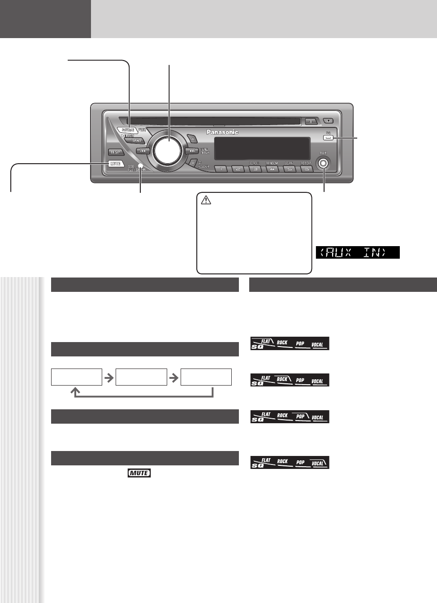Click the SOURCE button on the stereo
(x=128, y=130)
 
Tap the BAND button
(x=136, y=140)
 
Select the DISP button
(x=116, y=152)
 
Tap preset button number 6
(x=307, y=169)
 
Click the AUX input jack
(x=323, y=163)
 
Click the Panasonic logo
(x=222, y=132)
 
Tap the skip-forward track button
(x=192, y=151)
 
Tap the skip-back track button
(x=143, y=151)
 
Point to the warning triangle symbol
(x=206, y=200)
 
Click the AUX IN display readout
(x=358, y=252)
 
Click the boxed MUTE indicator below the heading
(x=139, y=473)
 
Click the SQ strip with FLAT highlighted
(x=290, y=343)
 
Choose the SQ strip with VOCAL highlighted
(x=290, y=463)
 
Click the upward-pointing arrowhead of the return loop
(x=75, y=391)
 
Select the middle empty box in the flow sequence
(x=141, y=377)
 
